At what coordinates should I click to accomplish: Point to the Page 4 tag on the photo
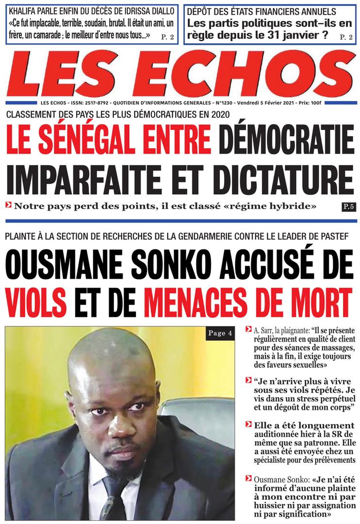(x=224, y=333)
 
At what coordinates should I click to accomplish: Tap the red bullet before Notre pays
(x=9, y=205)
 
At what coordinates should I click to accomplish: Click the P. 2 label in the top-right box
(x=346, y=36)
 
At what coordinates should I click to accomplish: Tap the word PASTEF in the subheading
(x=333, y=237)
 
